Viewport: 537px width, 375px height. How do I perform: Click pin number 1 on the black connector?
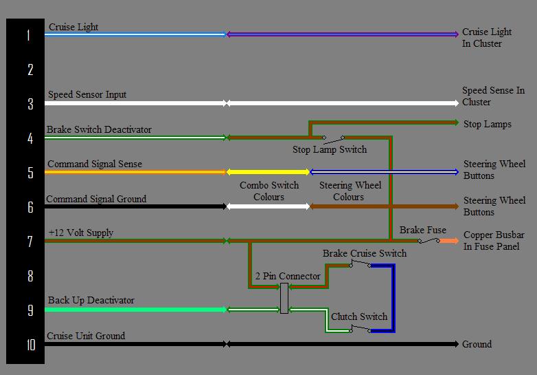point(28,35)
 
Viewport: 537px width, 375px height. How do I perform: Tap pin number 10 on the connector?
point(31,345)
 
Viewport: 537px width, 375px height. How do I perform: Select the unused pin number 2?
point(30,69)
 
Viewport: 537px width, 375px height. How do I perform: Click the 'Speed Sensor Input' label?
point(87,94)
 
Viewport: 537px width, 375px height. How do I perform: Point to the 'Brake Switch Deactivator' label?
point(99,129)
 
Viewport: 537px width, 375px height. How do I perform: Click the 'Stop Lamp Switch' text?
point(330,149)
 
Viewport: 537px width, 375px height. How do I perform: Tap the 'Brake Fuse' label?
point(422,230)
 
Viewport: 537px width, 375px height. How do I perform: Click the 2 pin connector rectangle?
point(284,298)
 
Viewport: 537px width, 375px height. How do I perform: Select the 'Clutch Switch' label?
point(359,317)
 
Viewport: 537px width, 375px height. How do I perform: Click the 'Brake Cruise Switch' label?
point(365,253)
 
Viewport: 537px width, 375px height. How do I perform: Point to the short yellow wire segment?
point(268,172)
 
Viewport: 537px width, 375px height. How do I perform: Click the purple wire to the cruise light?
point(343,34)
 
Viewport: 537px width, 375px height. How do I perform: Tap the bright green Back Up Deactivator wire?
point(135,310)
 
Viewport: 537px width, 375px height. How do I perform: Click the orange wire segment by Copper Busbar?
point(449,241)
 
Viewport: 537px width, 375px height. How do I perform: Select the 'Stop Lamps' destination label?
point(487,125)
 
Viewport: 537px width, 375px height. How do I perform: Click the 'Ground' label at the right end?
point(477,344)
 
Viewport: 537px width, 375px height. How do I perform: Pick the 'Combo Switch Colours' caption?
point(269,191)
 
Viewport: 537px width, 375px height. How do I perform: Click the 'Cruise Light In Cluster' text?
point(487,38)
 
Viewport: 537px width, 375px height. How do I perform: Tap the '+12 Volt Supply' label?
point(81,233)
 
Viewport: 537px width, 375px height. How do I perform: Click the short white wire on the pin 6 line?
point(268,206)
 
